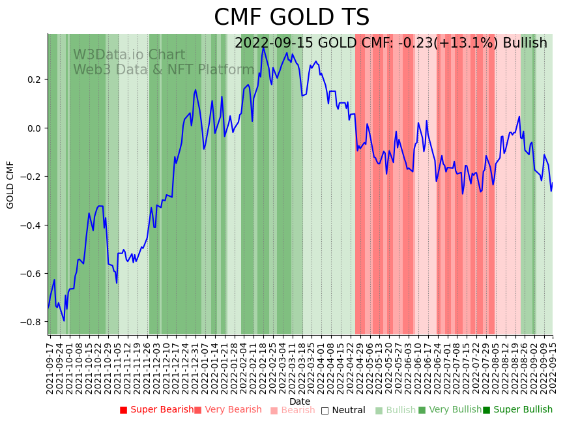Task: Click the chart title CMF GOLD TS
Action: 291,18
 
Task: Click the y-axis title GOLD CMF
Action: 10,184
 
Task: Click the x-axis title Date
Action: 300,401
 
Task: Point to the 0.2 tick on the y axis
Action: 33,80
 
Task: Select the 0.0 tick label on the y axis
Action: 33,128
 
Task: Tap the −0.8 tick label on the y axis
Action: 31,322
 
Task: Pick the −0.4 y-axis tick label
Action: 31,225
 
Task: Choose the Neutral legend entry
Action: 343,410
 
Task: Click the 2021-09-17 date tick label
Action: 50,365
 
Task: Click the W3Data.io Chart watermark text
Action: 129,55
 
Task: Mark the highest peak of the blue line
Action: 264,48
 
